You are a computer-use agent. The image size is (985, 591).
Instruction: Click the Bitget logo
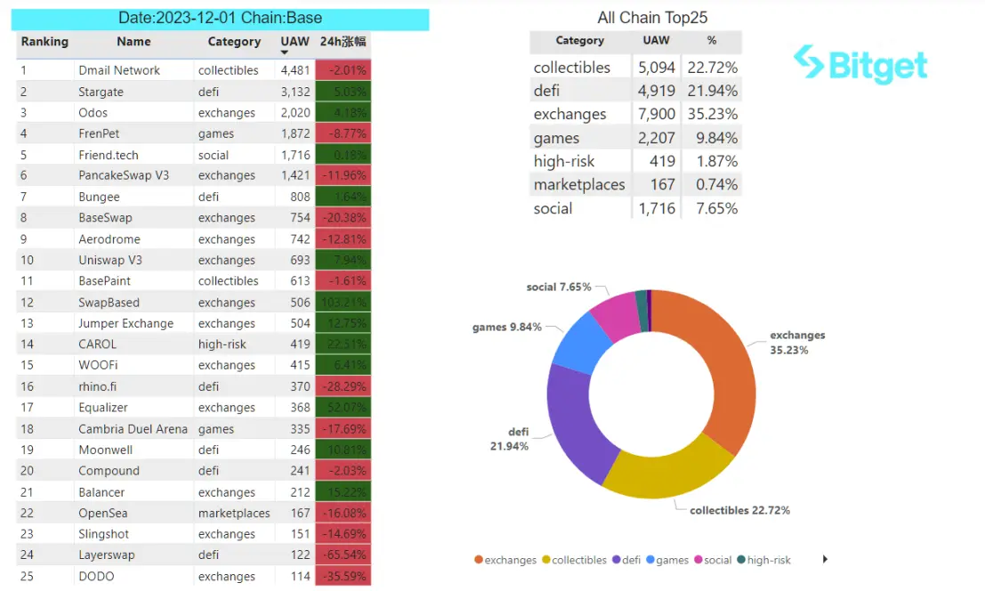(860, 65)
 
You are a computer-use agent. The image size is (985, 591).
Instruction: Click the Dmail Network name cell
(119, 70)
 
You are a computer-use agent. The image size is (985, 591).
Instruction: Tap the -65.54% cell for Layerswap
(343, 555)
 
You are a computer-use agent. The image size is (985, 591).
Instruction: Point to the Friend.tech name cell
(109, 155)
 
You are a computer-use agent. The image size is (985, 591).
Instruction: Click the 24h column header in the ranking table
(343, 42)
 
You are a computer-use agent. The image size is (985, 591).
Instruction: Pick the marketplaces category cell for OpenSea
(234, 513)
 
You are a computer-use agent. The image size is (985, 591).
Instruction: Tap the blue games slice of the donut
(578, 343)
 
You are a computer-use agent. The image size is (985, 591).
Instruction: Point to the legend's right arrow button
(826, 559)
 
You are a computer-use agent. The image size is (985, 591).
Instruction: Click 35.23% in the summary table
(712, 114)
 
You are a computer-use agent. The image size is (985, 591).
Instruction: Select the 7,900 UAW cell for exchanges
(657, 114)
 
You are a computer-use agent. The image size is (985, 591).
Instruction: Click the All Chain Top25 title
(652, 18)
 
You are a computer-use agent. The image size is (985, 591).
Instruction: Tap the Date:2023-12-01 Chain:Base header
(221, 18)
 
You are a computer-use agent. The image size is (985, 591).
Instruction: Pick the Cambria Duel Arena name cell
(133, 429)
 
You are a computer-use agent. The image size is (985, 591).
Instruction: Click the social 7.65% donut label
(559, 287)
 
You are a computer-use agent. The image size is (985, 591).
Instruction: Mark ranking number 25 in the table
(28, 576)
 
